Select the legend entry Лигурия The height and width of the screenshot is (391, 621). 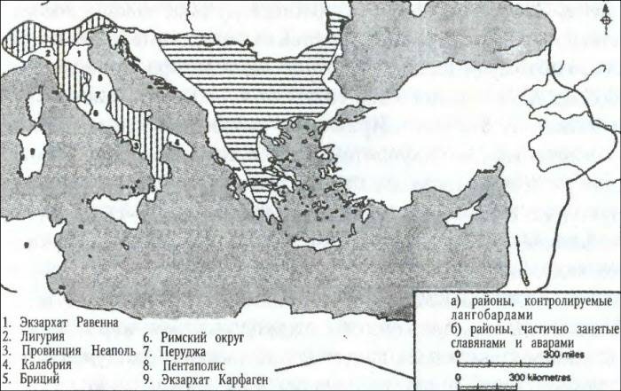point(39,336)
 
